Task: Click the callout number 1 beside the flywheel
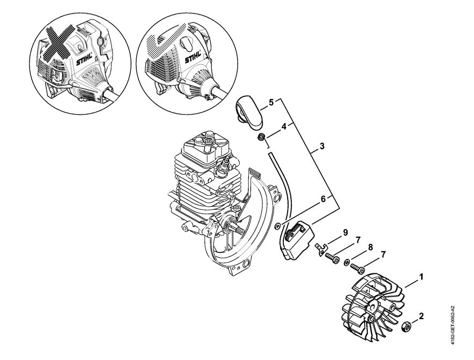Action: click(x=421, y=277)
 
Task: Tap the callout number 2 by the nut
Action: click(x=421, y=316)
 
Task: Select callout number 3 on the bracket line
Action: click(x=322, y=146)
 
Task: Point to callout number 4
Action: click(x=284, y=126)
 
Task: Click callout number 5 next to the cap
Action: click(x=271, y=102)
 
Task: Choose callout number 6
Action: click(x=323, y=199)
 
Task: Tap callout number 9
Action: click(x=345, y=232)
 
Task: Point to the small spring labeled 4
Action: click(x=261, y=137)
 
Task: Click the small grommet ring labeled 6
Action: click(x=277, y=225)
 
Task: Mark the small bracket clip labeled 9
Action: click(x=320, y=250)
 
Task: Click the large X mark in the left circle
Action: click(x=61, y=43)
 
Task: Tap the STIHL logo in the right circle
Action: click(x=193, y=57)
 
